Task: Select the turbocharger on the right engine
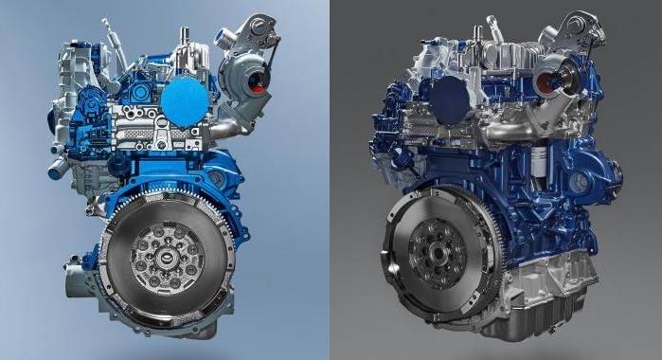pyautogui.click(x=569, y=58)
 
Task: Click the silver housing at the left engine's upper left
pyautogui.click(x=66, y=66)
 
